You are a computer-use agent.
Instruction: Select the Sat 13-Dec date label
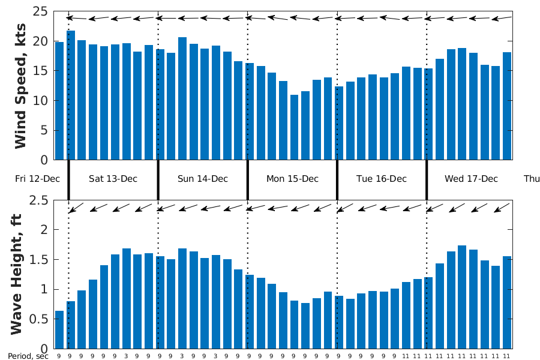(x=113, y=179)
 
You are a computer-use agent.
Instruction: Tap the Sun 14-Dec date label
(x=203, y=179)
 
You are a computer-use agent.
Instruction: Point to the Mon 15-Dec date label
(x=292, y=179)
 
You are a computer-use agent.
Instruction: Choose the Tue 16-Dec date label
(x=382, y=179)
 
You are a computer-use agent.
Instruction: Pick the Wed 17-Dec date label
(x=471, y=179)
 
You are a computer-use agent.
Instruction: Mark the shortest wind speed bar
(x=294, y=127)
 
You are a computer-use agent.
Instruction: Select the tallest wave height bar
(x=462, y=297)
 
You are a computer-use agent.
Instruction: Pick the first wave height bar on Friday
(x=59, y=329)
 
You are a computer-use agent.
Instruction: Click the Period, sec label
(x=28, y=355)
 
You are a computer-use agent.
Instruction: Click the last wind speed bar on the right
(x=507, y=106)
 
